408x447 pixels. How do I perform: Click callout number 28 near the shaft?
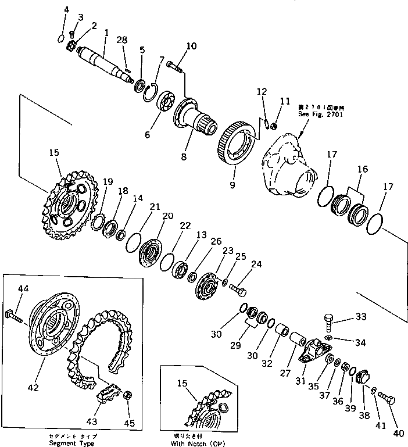click(x=121, y=40)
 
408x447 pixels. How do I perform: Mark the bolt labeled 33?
click(x=329, y=321)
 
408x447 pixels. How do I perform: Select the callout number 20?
click(x=167, y=216)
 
